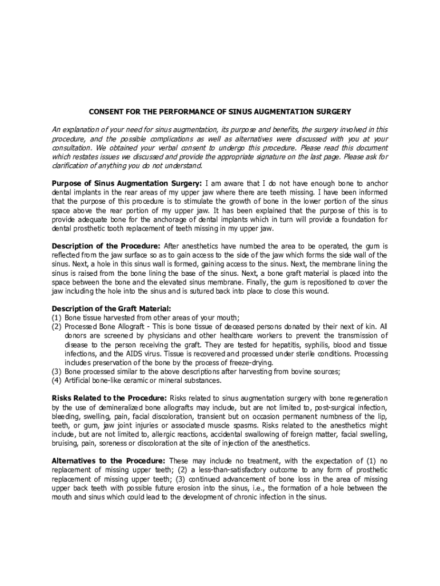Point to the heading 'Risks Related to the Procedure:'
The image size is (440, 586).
click(109, 398)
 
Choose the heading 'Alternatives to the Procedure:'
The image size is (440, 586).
click(109, 461)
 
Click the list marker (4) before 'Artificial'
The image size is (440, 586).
click(57, 380)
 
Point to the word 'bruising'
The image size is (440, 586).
click(65, 444)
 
